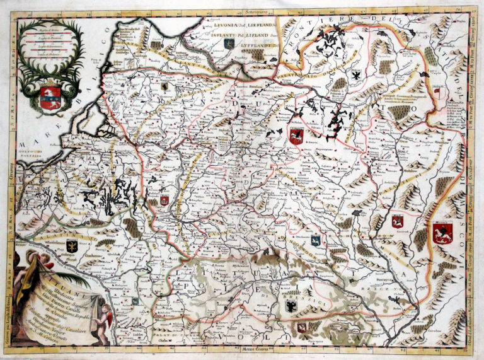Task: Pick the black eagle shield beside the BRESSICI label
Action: coord(291,307)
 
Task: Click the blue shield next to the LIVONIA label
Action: coord(229,44)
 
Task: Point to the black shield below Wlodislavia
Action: coord(71,247)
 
